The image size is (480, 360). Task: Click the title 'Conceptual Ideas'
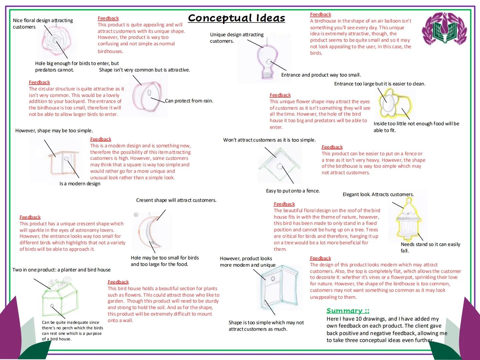236,18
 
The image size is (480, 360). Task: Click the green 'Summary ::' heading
348,311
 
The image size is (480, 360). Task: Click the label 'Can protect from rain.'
189,101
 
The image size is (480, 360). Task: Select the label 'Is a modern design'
80,184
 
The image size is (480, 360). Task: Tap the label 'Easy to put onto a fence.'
293,191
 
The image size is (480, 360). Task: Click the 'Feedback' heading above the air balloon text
320,14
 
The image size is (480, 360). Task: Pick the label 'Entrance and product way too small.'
321,75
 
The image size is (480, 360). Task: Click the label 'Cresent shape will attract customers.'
176,200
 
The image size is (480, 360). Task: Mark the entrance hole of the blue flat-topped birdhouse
273,278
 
